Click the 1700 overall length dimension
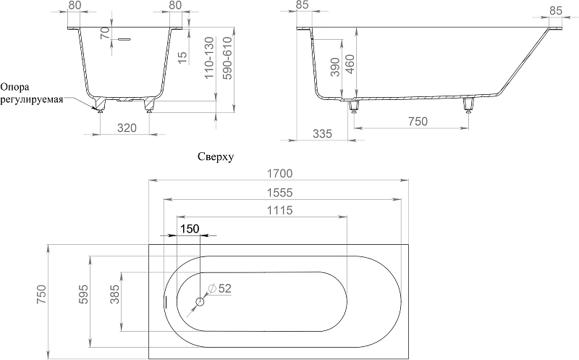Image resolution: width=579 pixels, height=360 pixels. pos(280,173)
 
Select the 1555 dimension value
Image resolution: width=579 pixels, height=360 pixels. pos(280,193)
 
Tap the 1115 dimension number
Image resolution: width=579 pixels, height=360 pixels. pos(280,210)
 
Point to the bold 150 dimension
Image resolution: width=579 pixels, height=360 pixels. pos(190,229)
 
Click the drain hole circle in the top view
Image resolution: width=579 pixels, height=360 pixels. pos(200,301)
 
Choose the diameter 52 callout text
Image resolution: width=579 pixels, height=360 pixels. pos(220,288)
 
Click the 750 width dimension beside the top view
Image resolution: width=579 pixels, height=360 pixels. pos(41,295)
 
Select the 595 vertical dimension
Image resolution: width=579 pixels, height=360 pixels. pos(84,294)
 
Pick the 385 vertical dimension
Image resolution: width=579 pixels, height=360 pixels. pos(115,294)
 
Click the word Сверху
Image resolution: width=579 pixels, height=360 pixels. pos(216,157)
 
